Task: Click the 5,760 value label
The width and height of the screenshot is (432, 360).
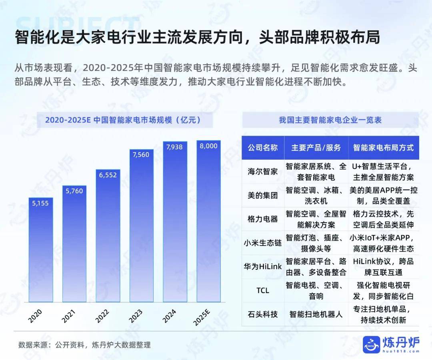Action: click(74, 191)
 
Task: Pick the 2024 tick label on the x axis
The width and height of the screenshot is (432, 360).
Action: click(169, 316)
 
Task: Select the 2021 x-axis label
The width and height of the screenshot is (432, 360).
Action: click(69, 316)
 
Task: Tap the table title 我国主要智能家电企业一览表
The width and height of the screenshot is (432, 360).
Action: click(330, 120)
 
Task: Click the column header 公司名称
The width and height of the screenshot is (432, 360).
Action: click(263, 147)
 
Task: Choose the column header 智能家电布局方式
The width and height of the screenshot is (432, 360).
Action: click(383, 147)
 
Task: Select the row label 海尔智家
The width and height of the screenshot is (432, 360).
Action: click(263, 171)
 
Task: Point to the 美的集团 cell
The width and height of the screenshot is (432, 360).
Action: click(263, 195)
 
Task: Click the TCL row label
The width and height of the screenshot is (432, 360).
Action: click(263, 290)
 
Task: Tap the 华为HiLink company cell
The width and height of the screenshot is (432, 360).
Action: click(263, 267)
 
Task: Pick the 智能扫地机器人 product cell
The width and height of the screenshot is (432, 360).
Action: click(316, 314)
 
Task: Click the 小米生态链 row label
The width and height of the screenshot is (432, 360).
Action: click(263, 243)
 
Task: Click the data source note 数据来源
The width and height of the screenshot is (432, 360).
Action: click(84, 345)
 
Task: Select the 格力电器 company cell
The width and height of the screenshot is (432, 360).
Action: click(263, 219)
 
